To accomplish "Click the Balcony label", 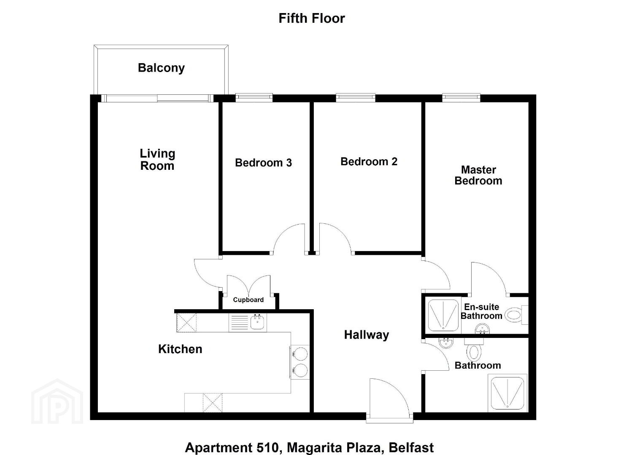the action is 161,68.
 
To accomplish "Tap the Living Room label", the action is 157,159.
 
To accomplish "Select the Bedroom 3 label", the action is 263,163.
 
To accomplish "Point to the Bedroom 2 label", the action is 369,162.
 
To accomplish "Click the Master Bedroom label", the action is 478,175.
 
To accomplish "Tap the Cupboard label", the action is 248,300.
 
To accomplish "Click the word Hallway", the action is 367,335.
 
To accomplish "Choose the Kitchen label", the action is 180,349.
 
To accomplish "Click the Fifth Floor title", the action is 312,19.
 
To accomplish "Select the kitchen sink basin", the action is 257,323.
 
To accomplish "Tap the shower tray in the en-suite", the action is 443,316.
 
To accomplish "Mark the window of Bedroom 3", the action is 254,97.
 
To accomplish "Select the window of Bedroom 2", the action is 356,97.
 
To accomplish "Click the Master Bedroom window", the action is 461,97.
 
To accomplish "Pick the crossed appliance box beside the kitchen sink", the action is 186,323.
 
